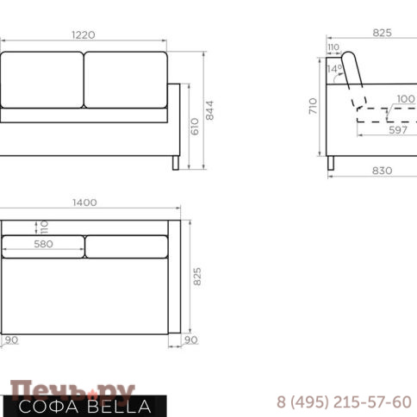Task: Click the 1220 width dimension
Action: tap(84, 35)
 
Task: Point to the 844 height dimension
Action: tap(210, 110)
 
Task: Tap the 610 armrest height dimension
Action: tap(195, 127)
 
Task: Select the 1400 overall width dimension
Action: tap(84, 202)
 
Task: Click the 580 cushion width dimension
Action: tap(43, 244)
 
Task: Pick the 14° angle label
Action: tap(334, 69)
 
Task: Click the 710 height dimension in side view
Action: tap(313, 106)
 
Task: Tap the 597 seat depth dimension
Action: tap(398, 130)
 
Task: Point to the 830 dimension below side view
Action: tap(382, 171)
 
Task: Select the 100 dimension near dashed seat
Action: tap(406, 99)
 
